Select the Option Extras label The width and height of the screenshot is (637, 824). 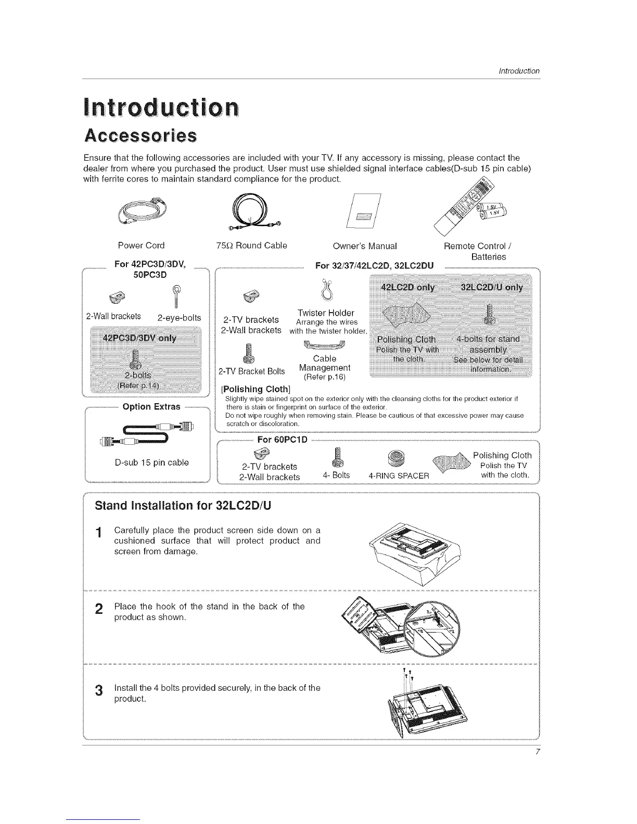(151, 406)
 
